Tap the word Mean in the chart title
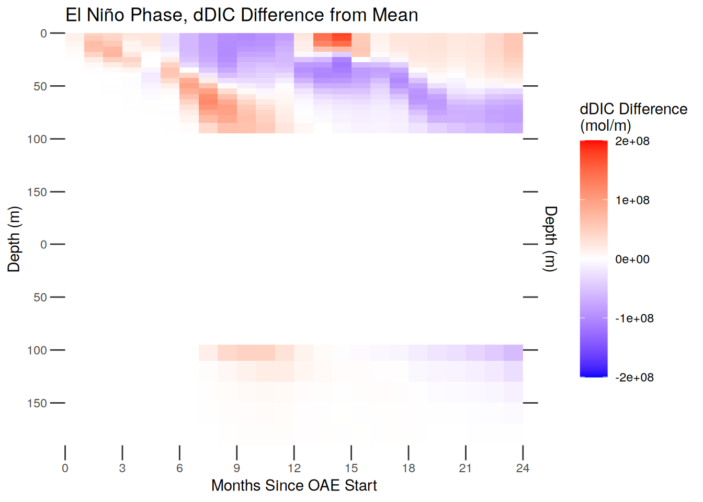pyautogui.click(x=395, y=15)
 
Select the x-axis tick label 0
pyautogui.click(x=65, y=468)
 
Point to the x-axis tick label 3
pyautogui.click(x=122, y=468)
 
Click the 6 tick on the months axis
pyautogui.click(x=179, y=468)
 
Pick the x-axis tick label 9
pyautogui.click(x=236, y=468)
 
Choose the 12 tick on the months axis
pyautogui.click(x=294, y=468)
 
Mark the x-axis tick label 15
pyautogui.click(x=351, y=468)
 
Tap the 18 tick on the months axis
pyautogui.click(x=409, y=468)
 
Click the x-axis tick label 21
pyautogui.click(x=466, y=468)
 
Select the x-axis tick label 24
pyautogui.click(x=523, y=468)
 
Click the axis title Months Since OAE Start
pyautogui.click(x=294, y=486)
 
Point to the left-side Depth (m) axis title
pyautogui.click(x=14, y=239)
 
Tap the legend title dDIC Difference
pyautogui.click(x=633, y=109)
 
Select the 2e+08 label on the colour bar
pyautogui.click(x=632, y=141)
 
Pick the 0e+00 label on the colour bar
pyautogui.click(x=632, y=259)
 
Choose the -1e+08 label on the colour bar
pyautogui.click(x=634, y=318)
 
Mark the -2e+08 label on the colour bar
pyautogui.click(x=634, y=378)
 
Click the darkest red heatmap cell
pyautogui.click(x=342, y=40)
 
